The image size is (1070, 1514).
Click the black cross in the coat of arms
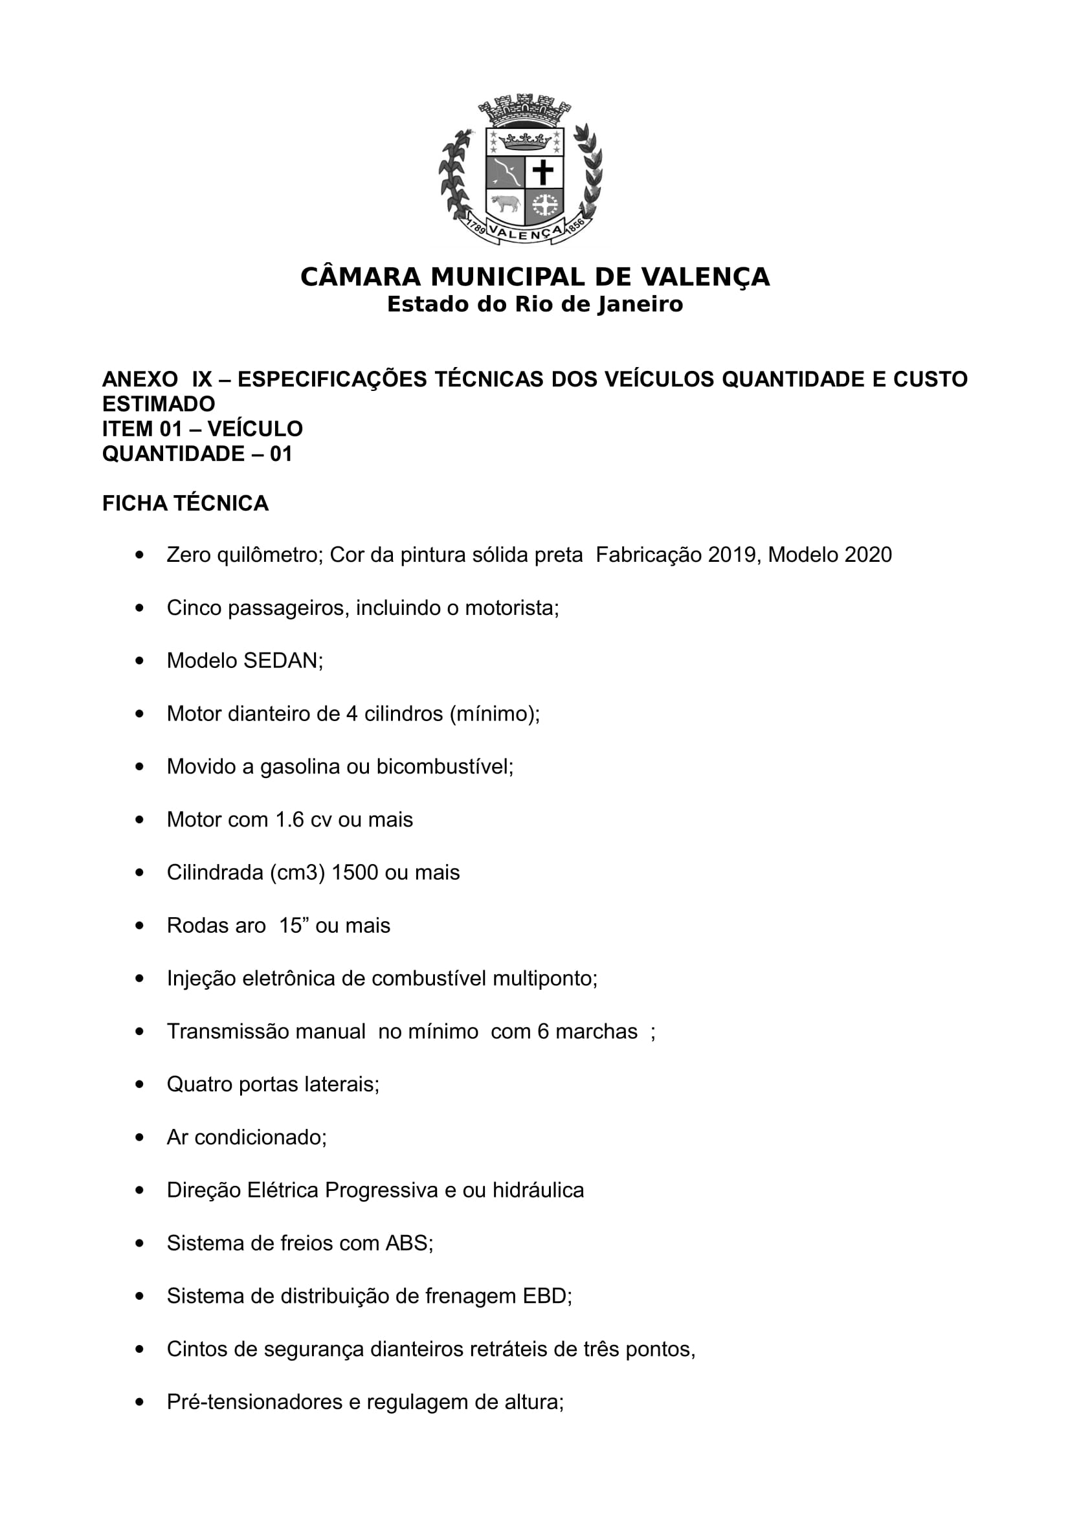tap(543, 173)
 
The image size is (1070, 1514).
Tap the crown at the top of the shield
tap(525, 140)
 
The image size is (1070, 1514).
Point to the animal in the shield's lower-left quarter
tap(505, 204)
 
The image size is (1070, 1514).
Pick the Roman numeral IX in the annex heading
tap(202, 379)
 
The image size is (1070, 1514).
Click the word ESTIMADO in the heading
tap(158, 403)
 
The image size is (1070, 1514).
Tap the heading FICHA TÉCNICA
tap(185, 503)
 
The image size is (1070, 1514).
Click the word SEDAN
tap(282, 660)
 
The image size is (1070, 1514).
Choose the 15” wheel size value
tap(291, 925)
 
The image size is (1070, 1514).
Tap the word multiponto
tap(544, 978)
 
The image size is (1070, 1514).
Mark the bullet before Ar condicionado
tap(139, 1137)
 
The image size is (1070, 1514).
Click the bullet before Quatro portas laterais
tap(139, 1084)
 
